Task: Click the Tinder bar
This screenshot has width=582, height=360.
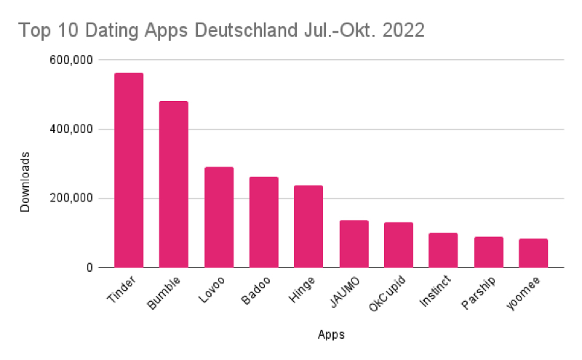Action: pyautogui.click(x=129, y=170)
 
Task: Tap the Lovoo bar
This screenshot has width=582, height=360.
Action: pyautogui.click(x=219, y=217)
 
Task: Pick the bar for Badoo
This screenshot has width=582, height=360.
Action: pyautogui.click(x=263, y=222)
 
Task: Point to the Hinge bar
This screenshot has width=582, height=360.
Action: pyautogui.click(x=308, y=226)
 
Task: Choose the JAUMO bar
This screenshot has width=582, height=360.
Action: pyautogui.click(x=354, y=244)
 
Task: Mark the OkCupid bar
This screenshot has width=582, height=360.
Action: pyautogui.click(x=399, y=245)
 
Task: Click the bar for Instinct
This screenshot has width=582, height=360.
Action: pyautogui.click(x=443, y=250)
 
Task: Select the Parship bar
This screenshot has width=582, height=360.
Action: pyautogui.click(x=488, y=252)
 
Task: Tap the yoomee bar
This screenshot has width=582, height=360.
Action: pyautogui.click(x=533, y=253)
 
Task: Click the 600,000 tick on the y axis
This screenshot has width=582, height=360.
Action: pyautogui.click(x=71, y=60)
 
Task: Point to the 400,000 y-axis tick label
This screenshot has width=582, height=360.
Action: pyautogui.click(x=71, y=129)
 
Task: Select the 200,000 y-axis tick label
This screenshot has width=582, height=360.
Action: pyautogui.click(x=71, y=199)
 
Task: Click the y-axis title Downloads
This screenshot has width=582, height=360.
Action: pyautogui.click(x=25, y=182)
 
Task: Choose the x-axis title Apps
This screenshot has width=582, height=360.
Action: pyautogui.click(x=331, y=335)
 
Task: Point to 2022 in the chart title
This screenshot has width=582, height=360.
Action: pyautogui.click(x=402, y=31)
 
